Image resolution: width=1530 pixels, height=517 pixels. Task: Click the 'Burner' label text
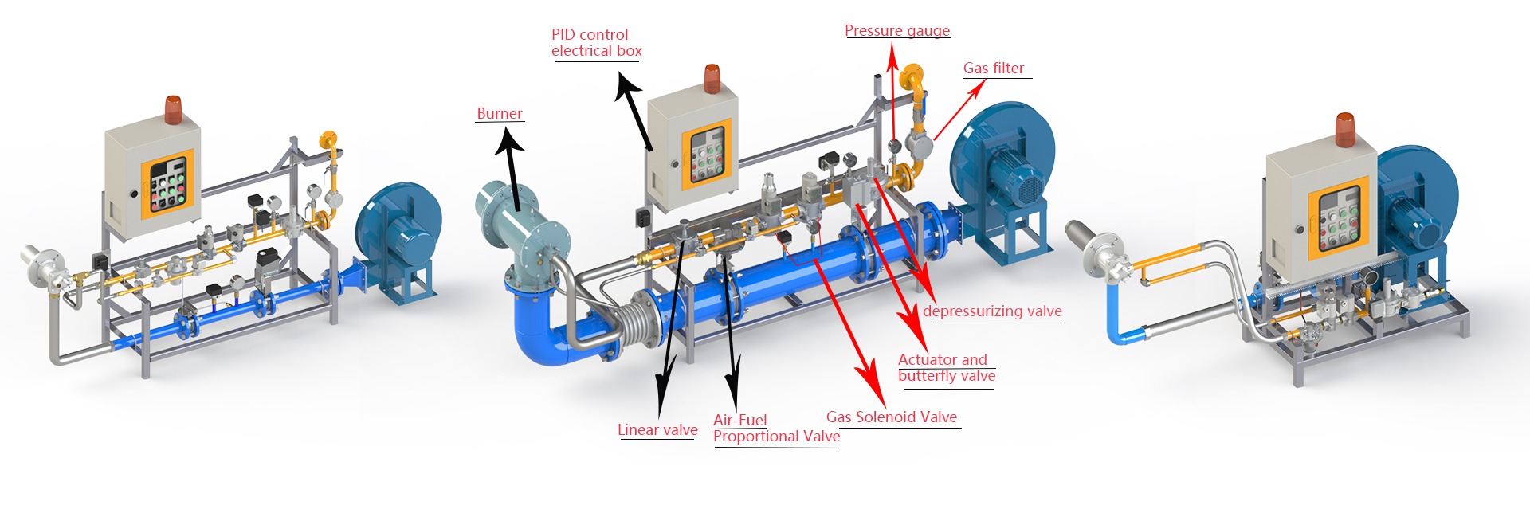pyautogui.click(x=500, y=114)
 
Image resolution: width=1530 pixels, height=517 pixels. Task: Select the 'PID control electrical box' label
pyautogui.click(x=596, y=43)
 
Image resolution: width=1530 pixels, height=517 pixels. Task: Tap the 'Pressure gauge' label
pyautogui.click(x=897, y=31)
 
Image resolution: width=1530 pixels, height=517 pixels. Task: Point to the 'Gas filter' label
pyautogui.click(x=994, y=69)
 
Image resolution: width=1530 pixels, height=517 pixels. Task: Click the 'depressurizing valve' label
pyautogui.click(x=992, y=311)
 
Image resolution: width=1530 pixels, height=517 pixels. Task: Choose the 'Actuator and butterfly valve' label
pyautogui.click(x=946, y=368)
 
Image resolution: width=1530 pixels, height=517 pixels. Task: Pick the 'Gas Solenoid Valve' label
pyautogui.click(x=892, y=417)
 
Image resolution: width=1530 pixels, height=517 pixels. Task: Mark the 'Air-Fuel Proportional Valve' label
pyautogui.click(x=776, y=429)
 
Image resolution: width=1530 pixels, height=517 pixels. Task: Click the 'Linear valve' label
pyautogui.click(x=657, y=430)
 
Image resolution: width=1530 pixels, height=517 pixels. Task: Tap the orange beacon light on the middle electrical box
pyautogui.click(x=712, y=80)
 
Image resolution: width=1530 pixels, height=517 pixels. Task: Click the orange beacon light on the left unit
pyautogui.click(x=174, y=109)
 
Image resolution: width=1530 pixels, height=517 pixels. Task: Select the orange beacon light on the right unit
pyautogui.click(x=1345, y=130)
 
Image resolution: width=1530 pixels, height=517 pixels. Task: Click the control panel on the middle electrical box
pyautogui.click(x=706, y=155)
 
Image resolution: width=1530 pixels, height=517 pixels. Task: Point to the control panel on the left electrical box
pyautogui.click(x=167, y=186)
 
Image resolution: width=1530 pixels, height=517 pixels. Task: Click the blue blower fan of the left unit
pyautogui.click(x=398, y=231)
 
